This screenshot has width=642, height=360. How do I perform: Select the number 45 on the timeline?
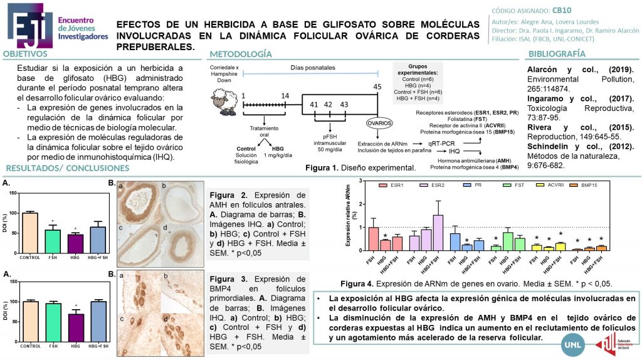point(377,87)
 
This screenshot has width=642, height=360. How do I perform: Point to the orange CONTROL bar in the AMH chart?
point(29,232)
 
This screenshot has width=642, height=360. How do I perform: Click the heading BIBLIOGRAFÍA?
point(557,54)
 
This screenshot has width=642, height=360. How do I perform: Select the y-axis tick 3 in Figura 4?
point(363,181)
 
